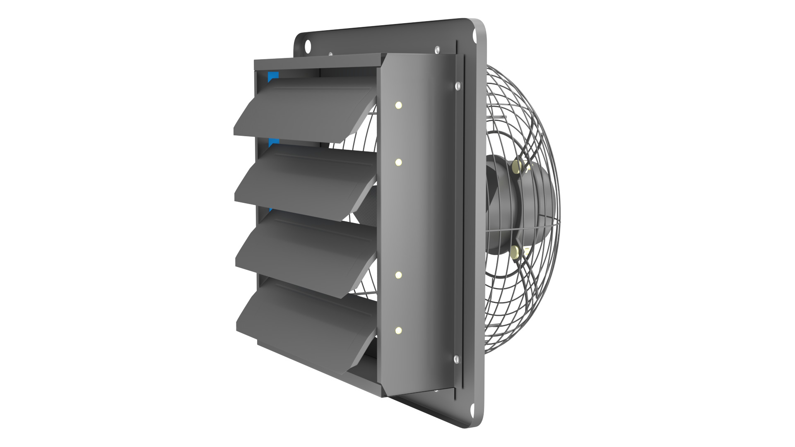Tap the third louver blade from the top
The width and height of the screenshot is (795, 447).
pos(306,248)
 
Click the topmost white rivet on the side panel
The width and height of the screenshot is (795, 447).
pos(398,105)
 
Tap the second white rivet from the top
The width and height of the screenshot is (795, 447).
pos(398,162)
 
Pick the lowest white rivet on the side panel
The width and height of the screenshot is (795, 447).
pos(398,330)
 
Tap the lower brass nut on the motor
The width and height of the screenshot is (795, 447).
pos(516,251)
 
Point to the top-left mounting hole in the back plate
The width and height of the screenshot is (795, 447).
pos(308,46)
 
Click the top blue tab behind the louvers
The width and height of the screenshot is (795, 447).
pos(273,77)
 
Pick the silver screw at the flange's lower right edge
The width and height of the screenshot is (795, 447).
pos(456,359)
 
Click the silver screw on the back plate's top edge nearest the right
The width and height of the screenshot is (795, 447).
pos(436,50)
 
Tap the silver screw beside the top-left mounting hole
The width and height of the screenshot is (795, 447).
pos(330,54)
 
